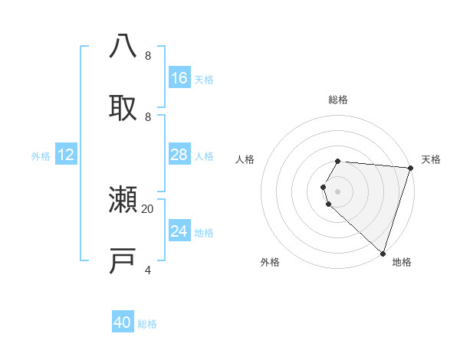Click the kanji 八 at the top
(x=123, y=46)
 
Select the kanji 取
(x=123, y=106)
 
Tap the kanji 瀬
(x=123, y=200)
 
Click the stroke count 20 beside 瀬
(x=148, y=208)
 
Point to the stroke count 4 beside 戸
(x=148, y=270)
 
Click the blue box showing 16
(x=179, y=77)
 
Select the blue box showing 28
(x=179, y=155)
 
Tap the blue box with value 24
(x=179, y=231)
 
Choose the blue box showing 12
(x=66, y=155)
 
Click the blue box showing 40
(x=123, y=322)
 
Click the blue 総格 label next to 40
(x=147, y=324)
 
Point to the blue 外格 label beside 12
(x=41, y=156)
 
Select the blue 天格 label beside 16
(x=204, y=79)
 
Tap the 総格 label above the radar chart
(x=338, y=100)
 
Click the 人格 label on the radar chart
(x=245, y=159)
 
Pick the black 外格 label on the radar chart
(x=270, y=262)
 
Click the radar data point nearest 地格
(x=383, y=253)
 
